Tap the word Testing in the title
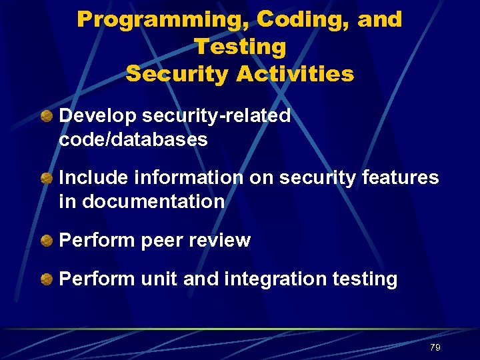point(239,47)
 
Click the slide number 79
point(435,347)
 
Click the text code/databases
point(133,139)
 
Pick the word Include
point(93,177)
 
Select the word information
point(189,177)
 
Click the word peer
point(159,240)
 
